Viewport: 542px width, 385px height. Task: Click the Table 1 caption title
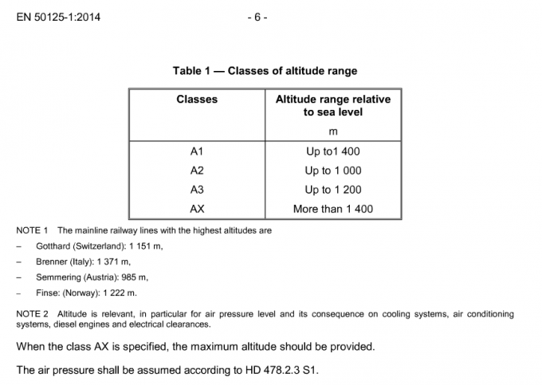pos(265,71)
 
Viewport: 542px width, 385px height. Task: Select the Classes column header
pos(197,100)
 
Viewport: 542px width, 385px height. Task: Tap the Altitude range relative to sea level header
pos(332,106)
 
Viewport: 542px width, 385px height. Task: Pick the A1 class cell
pos(197,151)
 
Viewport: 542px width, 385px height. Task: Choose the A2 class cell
pos(197,171)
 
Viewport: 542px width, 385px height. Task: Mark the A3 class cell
pos(197,190)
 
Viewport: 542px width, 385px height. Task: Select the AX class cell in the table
pos(197,210)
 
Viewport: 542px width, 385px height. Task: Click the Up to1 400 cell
pos(332,151)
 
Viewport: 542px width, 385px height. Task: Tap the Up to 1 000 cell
pos(332,171)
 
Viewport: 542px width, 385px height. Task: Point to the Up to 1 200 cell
pos(332,190)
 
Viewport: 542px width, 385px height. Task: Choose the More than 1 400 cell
pos(332,210)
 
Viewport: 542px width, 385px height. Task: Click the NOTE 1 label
pos(33,230)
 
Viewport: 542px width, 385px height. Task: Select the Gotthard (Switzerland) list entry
pos(99,246)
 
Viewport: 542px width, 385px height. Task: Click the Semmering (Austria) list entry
pos(92,277)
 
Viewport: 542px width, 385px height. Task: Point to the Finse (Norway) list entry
pos(88,293)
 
